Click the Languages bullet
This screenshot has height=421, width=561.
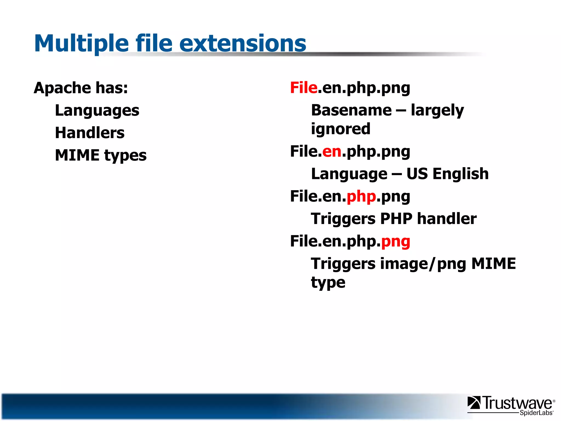click(x=97, y=111)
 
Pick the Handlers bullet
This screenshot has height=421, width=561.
click(x=90, y=133)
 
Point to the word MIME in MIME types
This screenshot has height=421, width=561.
click(x=77, y=155)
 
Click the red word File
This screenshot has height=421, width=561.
click(x=304, y=88)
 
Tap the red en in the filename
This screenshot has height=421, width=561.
click(x=332, y=152)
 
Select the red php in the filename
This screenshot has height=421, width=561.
click(x=361, y=197)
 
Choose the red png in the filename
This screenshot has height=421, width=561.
click(x=396, y=242)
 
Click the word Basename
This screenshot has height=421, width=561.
click(x=351, y=110)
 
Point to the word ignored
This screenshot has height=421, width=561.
click(x=340, y=129)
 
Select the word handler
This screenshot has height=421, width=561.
click(x=447, y=219)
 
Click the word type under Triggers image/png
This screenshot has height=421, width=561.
click(x=328, y=283)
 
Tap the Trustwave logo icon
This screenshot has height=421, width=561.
click(x=474, y=403)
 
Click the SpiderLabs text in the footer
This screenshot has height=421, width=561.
click(x=536, y=413)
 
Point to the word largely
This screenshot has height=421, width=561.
click(x=437, y=110)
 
